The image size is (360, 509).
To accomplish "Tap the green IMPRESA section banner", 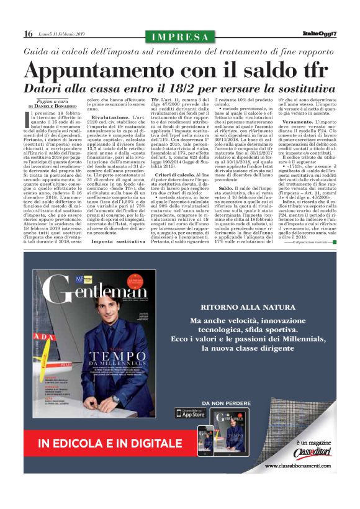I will (180, 36).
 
